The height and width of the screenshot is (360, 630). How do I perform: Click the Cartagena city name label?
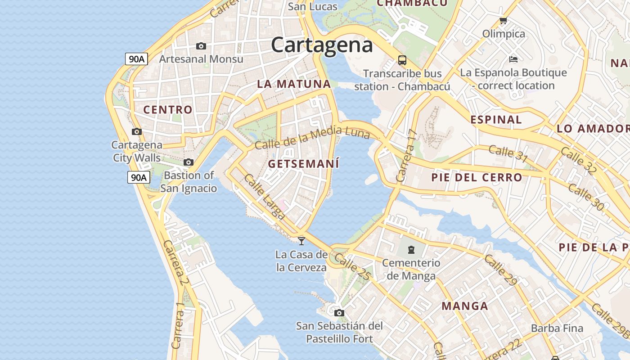coord(322,45)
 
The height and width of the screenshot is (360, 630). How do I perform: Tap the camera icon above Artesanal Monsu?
coord(201,46)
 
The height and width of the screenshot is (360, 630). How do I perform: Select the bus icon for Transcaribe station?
coord(402,60)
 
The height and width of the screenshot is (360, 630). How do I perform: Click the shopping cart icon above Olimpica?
coord(504,21)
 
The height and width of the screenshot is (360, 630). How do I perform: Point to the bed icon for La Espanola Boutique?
coord(513,59)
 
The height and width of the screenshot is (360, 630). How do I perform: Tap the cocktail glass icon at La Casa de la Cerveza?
coord(301,241)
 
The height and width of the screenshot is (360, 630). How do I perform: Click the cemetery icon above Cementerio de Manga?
coord(411,249)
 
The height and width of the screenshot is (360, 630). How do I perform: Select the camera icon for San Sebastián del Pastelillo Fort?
coord(339,313)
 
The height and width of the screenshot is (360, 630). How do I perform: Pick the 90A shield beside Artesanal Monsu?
coord(137,59)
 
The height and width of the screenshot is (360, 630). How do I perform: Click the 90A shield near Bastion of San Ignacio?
coord(138,177)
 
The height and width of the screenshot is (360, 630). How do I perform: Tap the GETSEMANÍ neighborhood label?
coord(303,164)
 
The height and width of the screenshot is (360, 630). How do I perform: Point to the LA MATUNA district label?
coord(294,84)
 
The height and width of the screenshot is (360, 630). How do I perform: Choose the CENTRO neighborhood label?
coord(168,110)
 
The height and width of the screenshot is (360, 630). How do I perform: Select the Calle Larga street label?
coord(264,197)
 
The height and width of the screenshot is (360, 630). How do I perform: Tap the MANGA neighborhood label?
coord(465,306)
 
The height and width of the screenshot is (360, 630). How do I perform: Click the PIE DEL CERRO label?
coord(477,177)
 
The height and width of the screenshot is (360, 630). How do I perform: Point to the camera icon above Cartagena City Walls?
coord(137,132)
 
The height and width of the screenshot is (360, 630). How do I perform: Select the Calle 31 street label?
coord(508,153)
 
